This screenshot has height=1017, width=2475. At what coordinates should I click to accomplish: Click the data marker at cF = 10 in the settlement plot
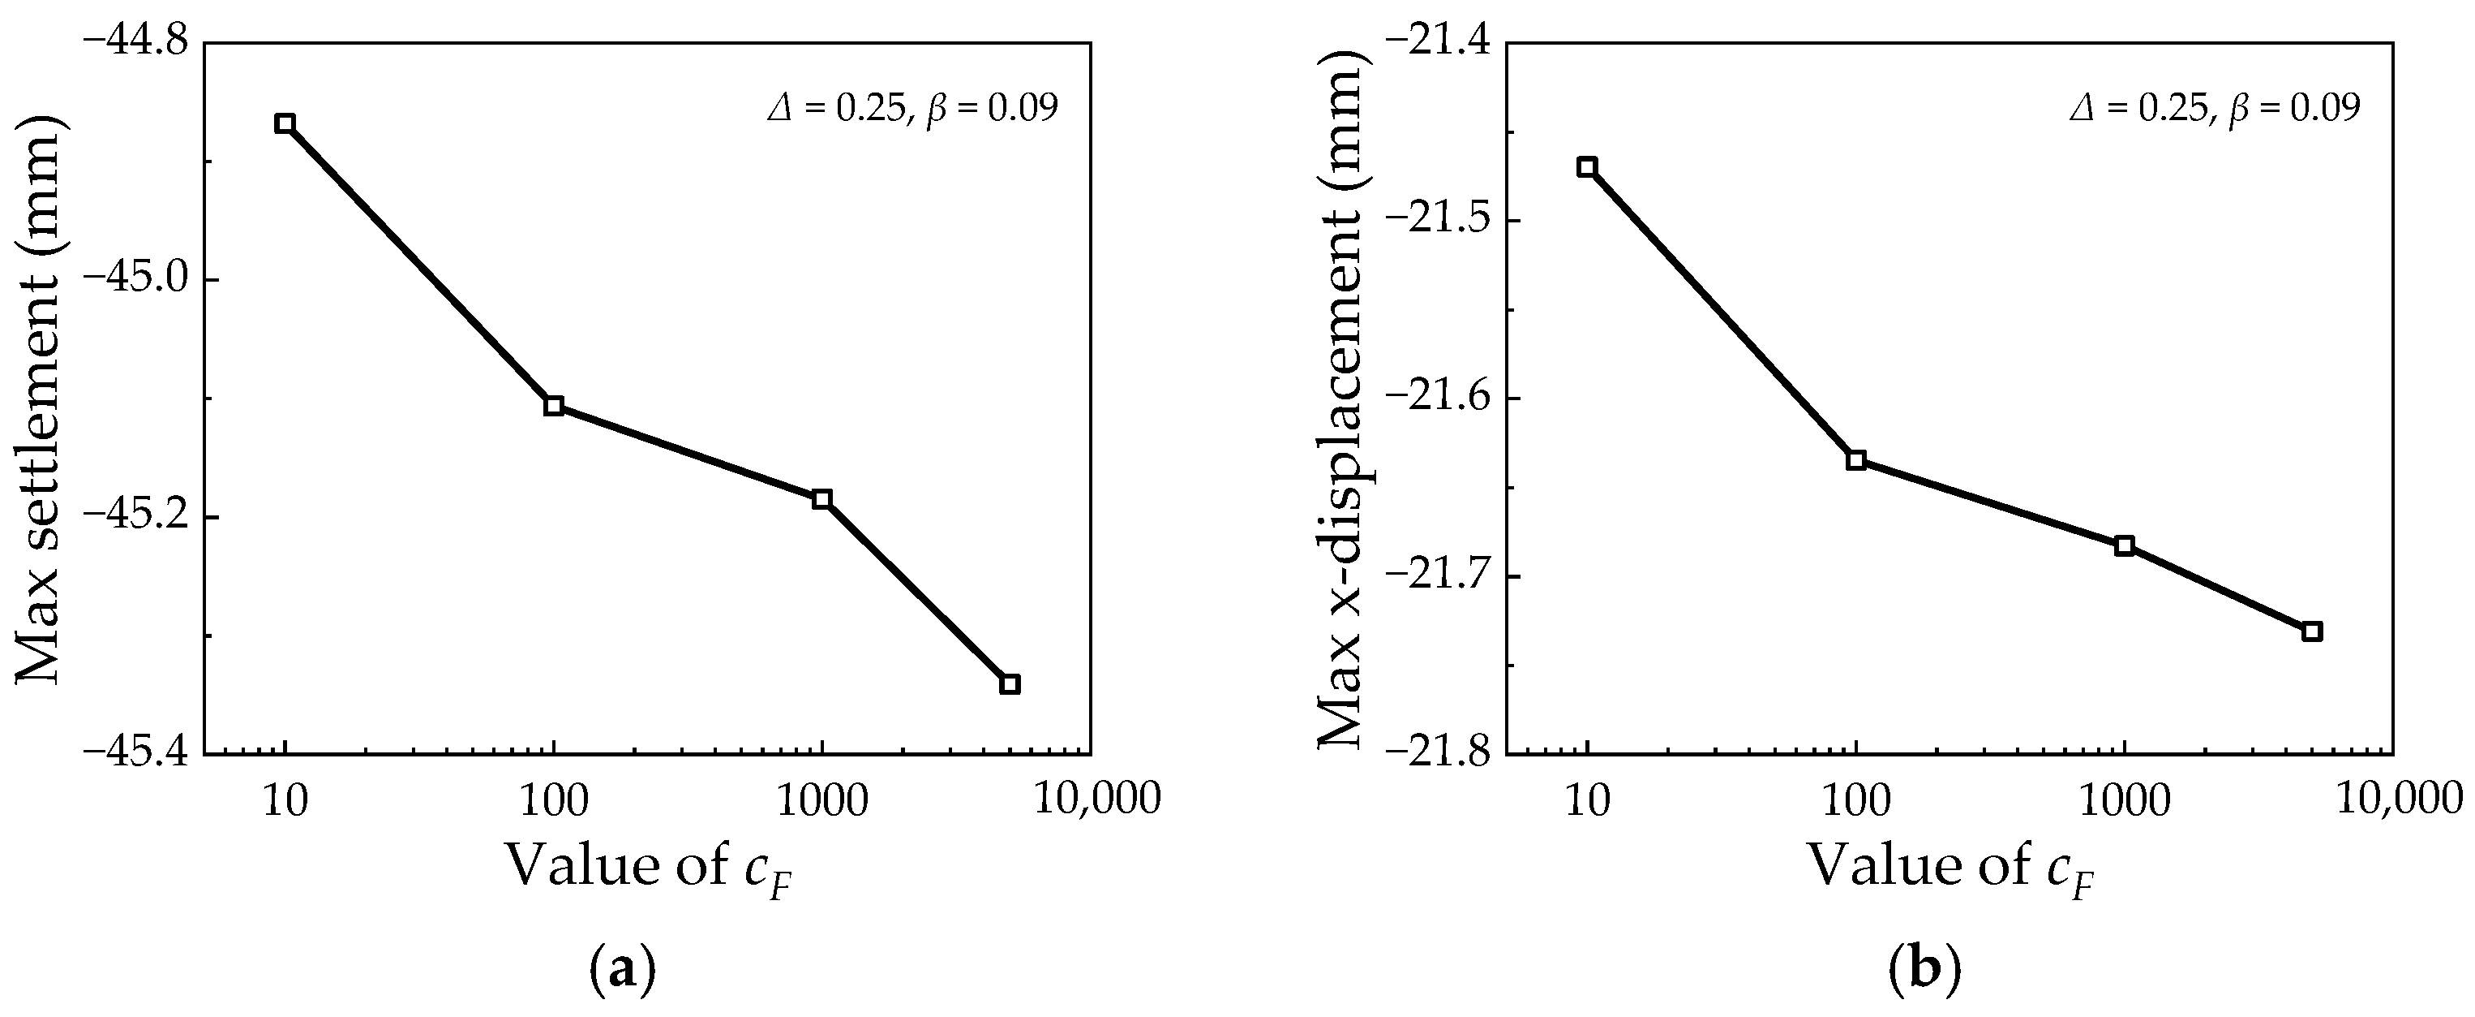[x=285, y=124]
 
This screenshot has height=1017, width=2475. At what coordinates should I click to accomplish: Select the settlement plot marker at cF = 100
[x=553, y=406]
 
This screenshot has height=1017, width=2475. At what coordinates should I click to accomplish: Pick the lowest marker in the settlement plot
[x=1010, y=684]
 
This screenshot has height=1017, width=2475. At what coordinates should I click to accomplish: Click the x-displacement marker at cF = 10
[x=1587, y=167]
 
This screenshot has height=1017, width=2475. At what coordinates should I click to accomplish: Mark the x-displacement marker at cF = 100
[x=1856, y=460]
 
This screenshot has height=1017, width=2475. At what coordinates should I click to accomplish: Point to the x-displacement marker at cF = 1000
[x=2125, y=546]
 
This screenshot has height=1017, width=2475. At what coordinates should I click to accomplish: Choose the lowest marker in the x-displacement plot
[x=2313, y=631]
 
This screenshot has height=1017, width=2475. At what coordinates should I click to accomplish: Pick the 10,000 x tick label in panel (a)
[x=1097, y=799]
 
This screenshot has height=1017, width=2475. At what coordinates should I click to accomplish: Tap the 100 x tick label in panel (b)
[x=1856, y=799]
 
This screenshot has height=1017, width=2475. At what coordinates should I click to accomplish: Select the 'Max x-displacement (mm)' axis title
[x=1341, y=399]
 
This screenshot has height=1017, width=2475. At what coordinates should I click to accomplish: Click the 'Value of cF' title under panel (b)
[x=1951, y=868]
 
